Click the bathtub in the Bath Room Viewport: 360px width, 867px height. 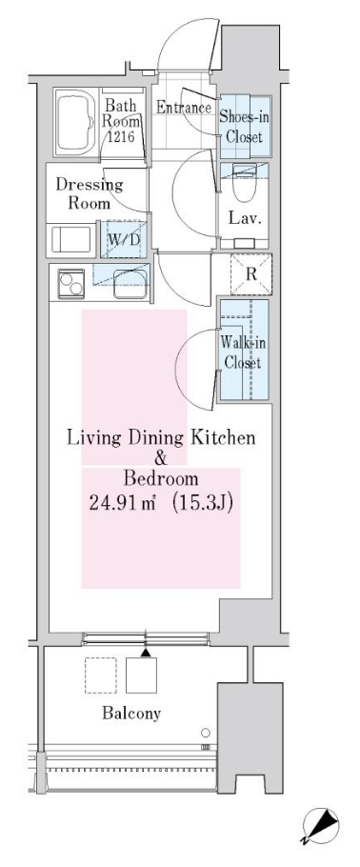[x=74, y=122]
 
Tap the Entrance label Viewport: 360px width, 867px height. [x=184, y=108]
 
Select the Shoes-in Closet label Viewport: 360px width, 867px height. [x=241, y=126]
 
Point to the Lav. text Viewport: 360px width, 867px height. [x=245, y=219]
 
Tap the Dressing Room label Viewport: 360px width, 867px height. [x=89, y=194]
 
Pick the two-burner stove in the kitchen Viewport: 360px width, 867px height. [x=71, y=283]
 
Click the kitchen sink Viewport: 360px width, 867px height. [x=130, y=285]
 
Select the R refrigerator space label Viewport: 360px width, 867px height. [x=251, y=274]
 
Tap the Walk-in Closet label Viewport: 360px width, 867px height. [x=243, y=353]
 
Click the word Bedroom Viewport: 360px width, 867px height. [x=161, y=477]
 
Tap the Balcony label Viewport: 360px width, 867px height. [x=131, y=714]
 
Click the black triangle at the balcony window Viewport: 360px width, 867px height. [x=145, y=653]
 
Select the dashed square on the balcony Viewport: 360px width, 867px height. [x=101, y=675]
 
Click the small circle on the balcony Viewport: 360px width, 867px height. [x=206, y=733]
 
